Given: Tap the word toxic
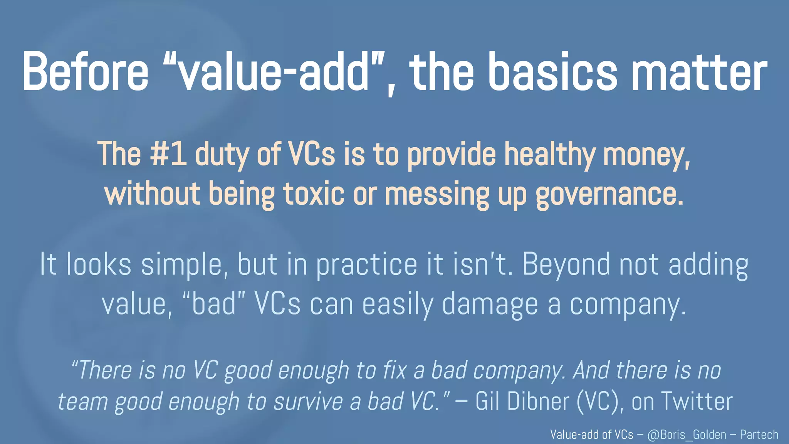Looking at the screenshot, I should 314,194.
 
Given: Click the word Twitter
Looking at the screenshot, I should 697,402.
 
